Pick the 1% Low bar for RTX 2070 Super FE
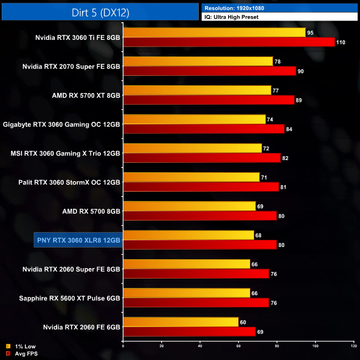pyautogui.click(x=198, y=61)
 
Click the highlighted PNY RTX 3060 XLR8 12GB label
pyautogui.click(x=78, y=240)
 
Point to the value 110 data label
pyautogui.click(x=343, y=43)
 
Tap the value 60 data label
pyautogui.click(x=244, y=322)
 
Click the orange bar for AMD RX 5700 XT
pyautogui.click(x=197, y=90)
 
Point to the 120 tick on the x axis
pyautogui.click(x=353, y=346)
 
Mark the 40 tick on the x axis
pyautogui.click(x=200, y=346)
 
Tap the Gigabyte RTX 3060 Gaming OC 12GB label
pyautogui.click(x=61, y=125)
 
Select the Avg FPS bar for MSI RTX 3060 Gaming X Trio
pyautogui.click(x=202, y=158)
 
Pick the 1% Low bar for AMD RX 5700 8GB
pyautogui.click(x=190, y=205)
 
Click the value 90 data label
pyautogui.click(x=302, y=71)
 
